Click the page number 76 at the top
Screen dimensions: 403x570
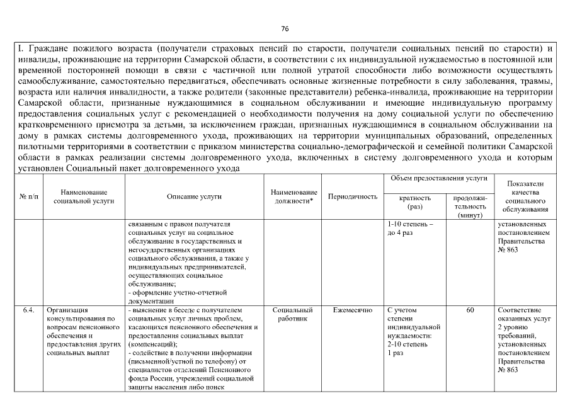click(284, 29)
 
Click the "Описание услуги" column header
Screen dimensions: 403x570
click(194, 196)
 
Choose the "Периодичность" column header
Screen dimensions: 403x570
click(353, 196)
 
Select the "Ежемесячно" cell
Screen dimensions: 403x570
click(353, 310)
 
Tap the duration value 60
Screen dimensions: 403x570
click(470, 310)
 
